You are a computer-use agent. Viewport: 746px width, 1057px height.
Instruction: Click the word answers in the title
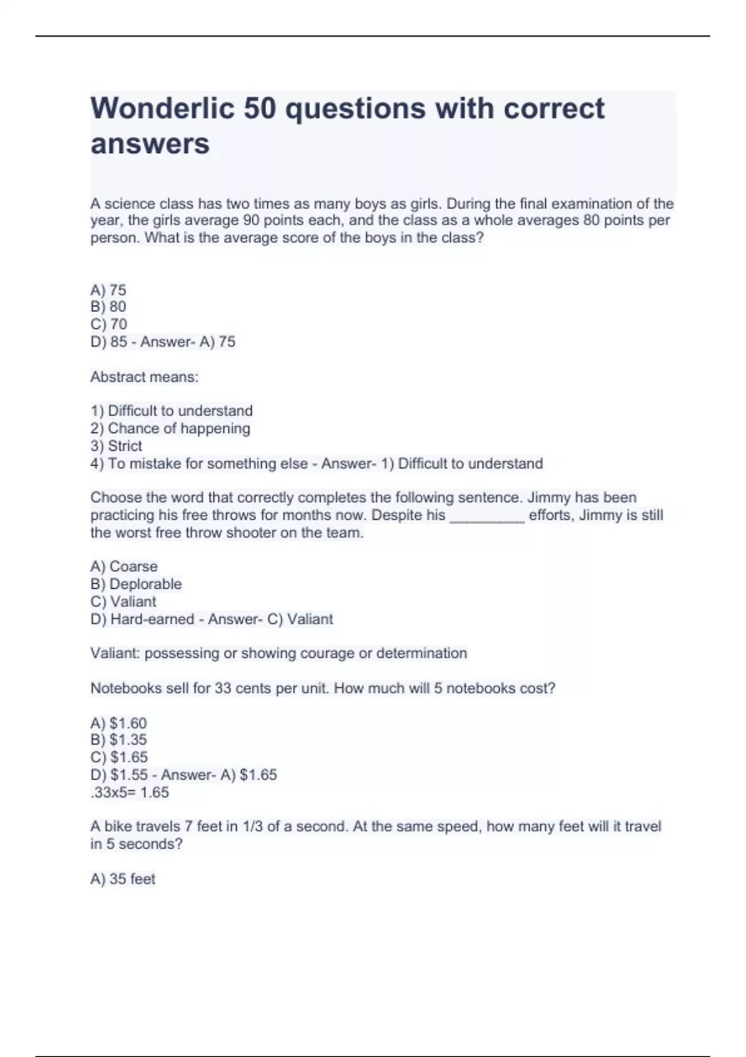click(x=150, y=144)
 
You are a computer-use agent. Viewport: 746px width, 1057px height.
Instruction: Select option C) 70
click(x=109, y=324)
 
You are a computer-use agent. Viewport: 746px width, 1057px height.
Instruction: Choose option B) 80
click(x=108, y=307)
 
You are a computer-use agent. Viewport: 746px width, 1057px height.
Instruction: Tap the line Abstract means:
click(x=144, y=377)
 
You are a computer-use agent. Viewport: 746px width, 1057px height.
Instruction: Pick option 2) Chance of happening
click(x=170, y=428)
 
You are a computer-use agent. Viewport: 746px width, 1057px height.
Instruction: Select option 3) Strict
click(x=116, y=446)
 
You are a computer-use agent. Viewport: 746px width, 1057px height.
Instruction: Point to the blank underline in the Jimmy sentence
click(x=487, y=516)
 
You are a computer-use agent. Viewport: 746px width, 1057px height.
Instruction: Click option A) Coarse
click(x=124, y=566)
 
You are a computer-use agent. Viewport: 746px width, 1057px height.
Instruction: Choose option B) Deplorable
click(x=136, y=584)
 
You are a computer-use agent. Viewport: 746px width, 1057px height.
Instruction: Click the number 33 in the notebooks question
click(x=223, y=688)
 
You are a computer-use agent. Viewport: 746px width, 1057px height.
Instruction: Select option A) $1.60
click(x=119, y=723)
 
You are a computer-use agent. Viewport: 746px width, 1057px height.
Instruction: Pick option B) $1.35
click(x=119, y=740)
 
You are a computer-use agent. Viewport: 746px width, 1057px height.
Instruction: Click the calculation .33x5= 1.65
click(x=129, y=792)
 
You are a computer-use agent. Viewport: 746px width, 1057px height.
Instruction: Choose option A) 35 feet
click(x=123, y=879)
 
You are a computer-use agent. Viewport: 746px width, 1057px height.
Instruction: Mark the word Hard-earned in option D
click(x=152, y=619)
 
